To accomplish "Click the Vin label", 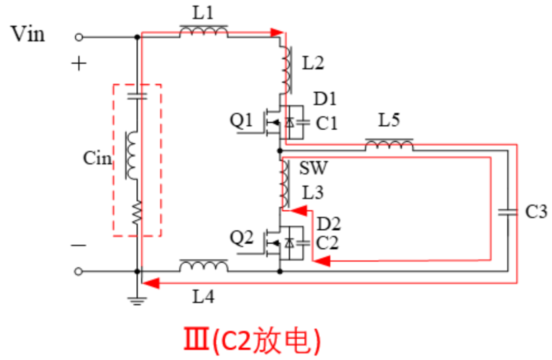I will tap(28, 33).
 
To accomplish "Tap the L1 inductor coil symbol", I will tap(203, 31).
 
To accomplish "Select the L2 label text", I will tap(313, 64).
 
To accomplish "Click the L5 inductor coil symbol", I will tap(389, 145).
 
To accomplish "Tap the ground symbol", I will tap(138, 298).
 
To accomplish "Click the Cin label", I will tap(96, 158).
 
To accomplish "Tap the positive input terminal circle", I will tap(79, 37).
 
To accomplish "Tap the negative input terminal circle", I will tap(79, 271).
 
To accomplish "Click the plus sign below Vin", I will tap(80, 64).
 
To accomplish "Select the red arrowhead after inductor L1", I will tap(276, 32).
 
